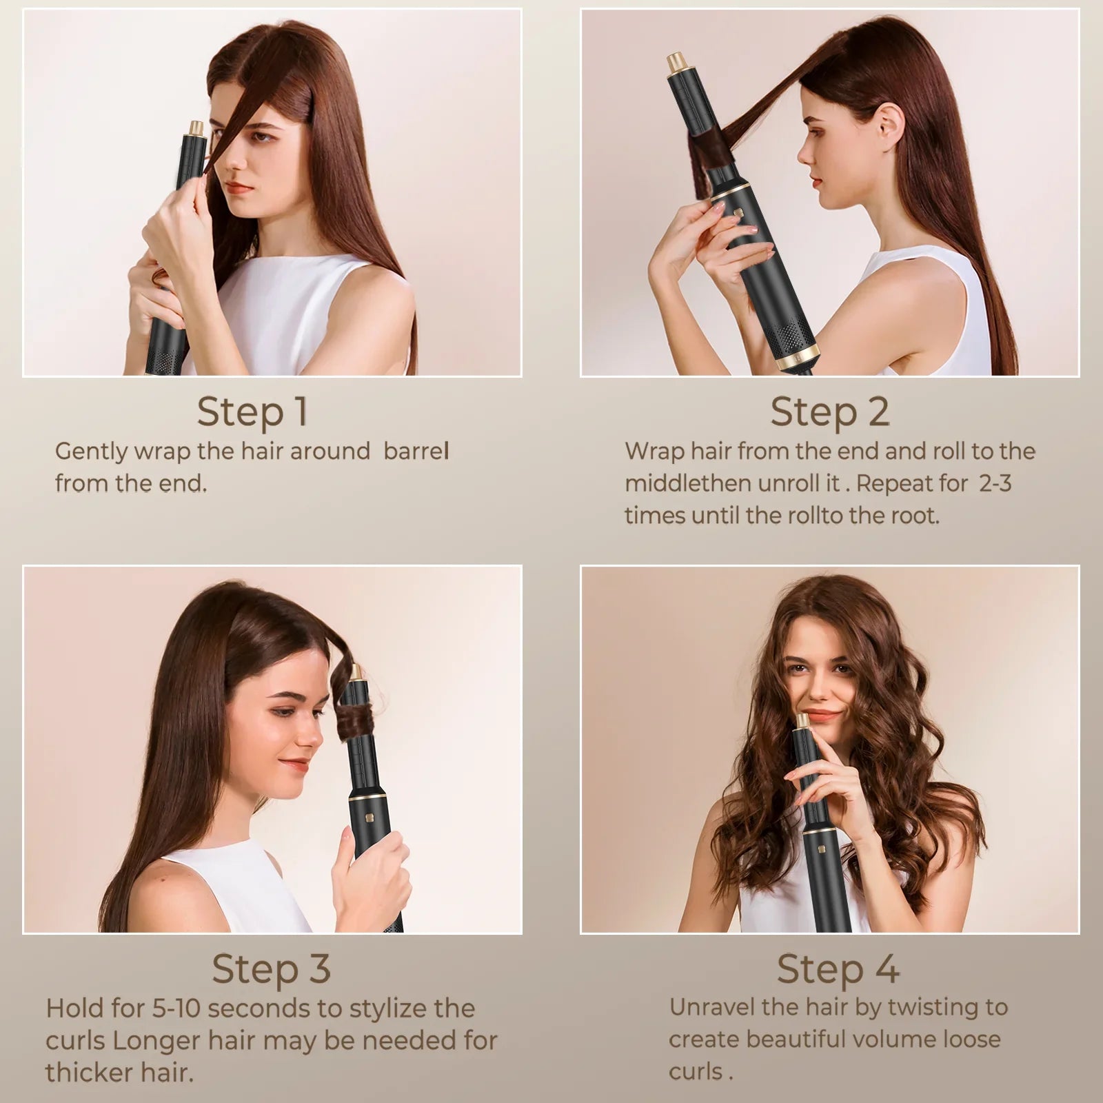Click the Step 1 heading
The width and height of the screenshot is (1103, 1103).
tap(252, 412)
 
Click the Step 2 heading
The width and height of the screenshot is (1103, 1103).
tap(829, 412)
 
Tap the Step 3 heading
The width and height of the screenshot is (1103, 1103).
tap(271, 969)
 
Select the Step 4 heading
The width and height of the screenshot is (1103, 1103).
tap(838, 969)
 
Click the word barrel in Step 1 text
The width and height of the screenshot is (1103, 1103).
tap(416, 452)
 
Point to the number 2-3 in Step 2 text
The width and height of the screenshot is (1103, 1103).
tap(995, 483)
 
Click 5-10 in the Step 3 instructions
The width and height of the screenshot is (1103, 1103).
tap(175, 1009)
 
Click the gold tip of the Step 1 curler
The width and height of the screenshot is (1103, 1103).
tap(196, 129)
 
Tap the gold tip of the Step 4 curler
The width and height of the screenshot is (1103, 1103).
tap(802, 721)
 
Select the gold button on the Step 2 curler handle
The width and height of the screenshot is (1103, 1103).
tap(736, 213)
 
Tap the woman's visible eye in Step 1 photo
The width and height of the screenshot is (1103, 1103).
tap(260, 136)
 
